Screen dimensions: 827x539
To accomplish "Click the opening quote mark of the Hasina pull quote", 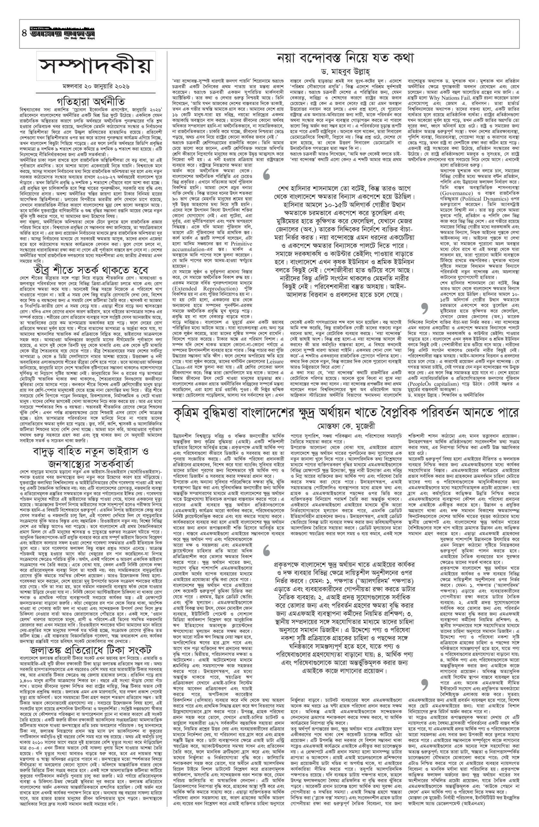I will point(267,174).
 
